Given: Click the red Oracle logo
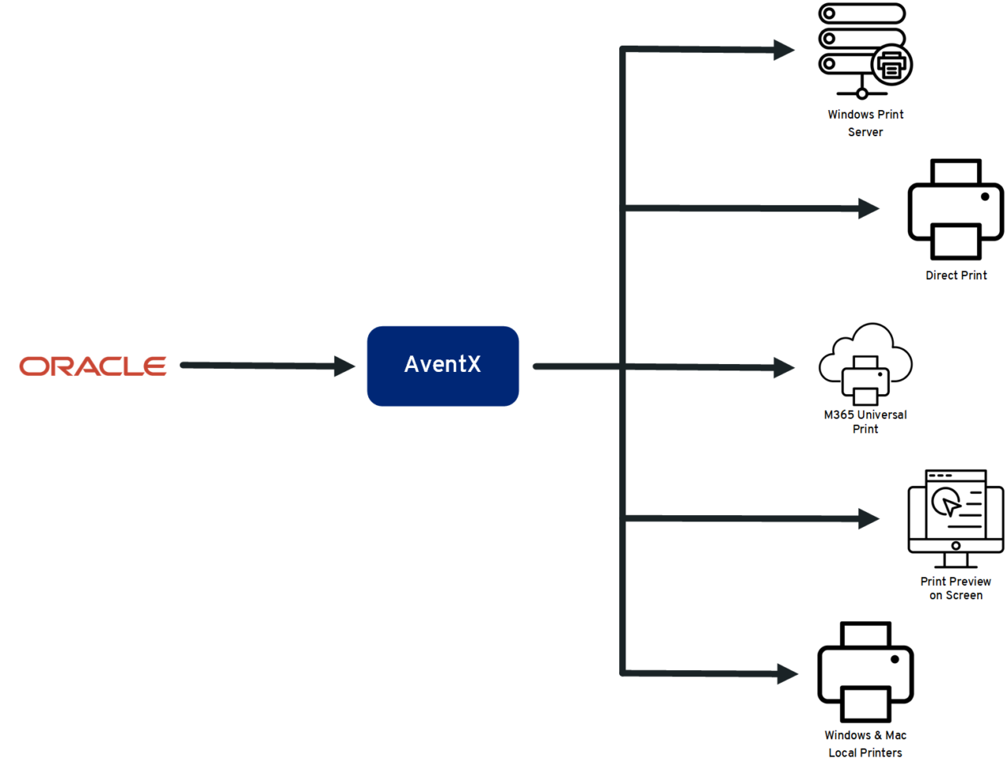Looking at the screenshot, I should pyautogui.click(x=93, y=366).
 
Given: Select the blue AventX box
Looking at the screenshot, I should pyautogui.click(x=443, y=366).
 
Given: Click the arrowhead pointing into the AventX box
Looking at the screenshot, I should pyautogui.click(x=345, y=366).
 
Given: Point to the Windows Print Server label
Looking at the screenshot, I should pyautogui.click(x=865, y=123).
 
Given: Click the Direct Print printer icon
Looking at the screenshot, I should pyautogui.click(x=955, y=209).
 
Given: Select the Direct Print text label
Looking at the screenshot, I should pyautogui.click(x=956, y=275).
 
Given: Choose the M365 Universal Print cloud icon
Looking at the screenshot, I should pyautogui.click(x=865, y=363).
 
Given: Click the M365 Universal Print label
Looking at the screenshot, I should pyautogui.click(x=865, y=422).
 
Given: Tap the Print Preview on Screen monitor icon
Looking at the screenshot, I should pyautogui.click(x=955, y=518).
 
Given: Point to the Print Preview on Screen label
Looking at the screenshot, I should pyautogui.click(x=956, y=588).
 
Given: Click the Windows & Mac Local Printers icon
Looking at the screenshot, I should pyautogui.click(x=865, y=672).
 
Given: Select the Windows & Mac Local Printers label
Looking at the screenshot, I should pyautogui.click(x=865, y=744).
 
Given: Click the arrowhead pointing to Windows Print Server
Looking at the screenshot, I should pyautogui.click(x=784, y=50).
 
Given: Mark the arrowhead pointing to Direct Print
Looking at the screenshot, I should pyautogui.click(x=869, y=208).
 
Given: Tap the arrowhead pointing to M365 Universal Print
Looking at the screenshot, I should pyautogui.click(x=784, y=367).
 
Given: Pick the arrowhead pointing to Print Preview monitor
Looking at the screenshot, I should pyautogui.click(x=869, y=518).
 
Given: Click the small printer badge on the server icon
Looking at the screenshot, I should pyautogui.click(x=891, y=65).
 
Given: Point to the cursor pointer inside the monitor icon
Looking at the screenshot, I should pyautogui.click(x=950, y=504).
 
